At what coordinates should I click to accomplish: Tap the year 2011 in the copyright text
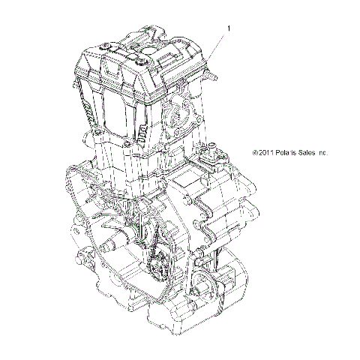(268, 151)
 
